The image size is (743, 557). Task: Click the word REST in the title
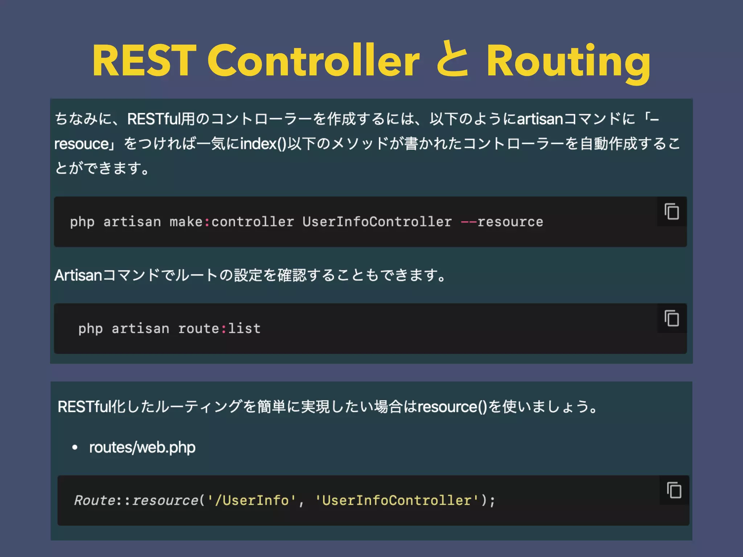[144, 61]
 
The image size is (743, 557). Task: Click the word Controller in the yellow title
[313, 61]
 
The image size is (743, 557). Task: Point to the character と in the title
[452, 61]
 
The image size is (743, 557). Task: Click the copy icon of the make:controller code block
[672, 211]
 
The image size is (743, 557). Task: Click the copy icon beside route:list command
[672, 318]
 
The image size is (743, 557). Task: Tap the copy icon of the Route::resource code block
[674, 490]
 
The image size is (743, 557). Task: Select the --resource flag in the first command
[502, 222]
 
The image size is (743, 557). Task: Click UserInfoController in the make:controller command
[377, 222]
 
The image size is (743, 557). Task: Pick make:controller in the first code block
[231, 222]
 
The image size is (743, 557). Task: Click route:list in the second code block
[219, 329]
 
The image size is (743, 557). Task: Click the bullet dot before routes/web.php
[75, 447]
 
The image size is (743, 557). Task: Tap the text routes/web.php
[142, 447]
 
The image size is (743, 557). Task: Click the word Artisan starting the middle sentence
[78, 275]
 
